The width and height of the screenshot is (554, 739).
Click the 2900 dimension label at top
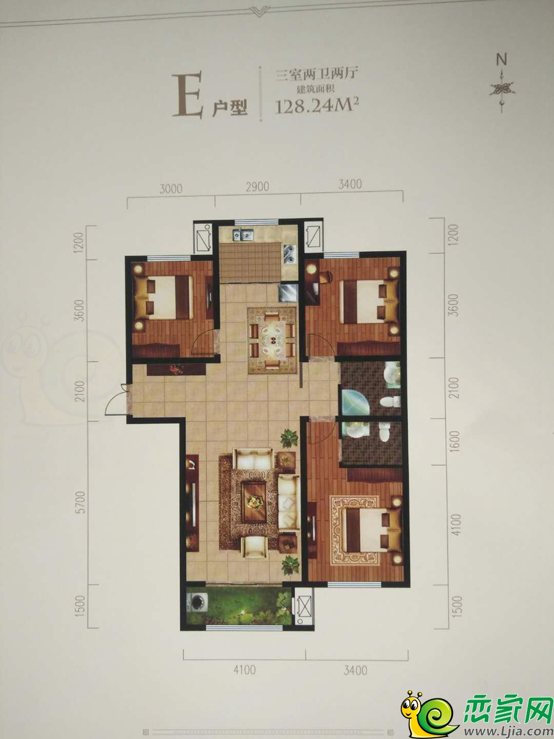coord(257,187)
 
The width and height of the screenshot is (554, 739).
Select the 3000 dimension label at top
coord(171,188)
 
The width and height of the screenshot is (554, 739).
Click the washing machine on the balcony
coord(197,605)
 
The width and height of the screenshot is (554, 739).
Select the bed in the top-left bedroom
coord(164,297)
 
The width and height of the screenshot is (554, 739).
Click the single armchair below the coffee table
coord(255,545)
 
